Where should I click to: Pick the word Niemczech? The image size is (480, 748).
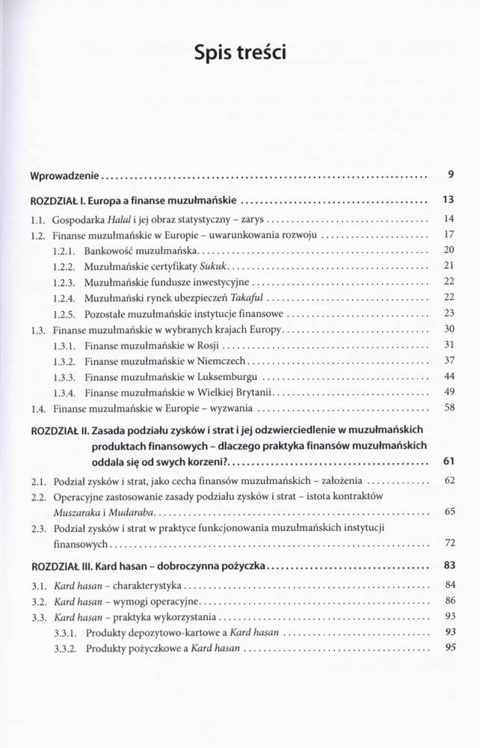point(222,361)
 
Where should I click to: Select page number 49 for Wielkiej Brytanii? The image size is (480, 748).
point(449,391)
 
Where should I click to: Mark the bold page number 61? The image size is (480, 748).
point(449,460)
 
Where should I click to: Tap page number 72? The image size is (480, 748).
point(449,542)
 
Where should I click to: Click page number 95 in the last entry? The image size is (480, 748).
point(449,649)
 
